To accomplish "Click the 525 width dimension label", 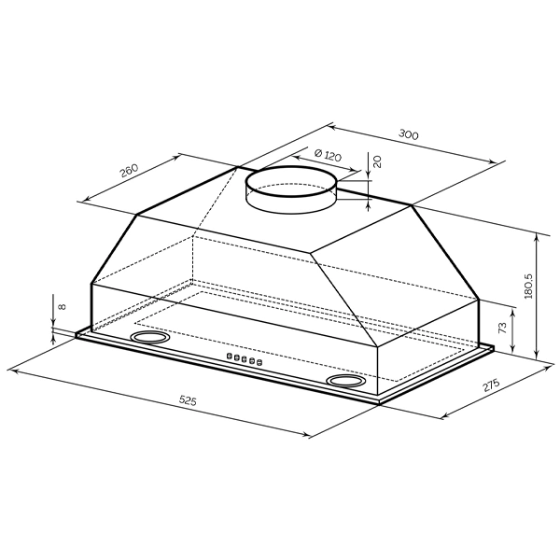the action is (x=188, y=400).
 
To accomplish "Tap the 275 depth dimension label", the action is (x=491, y=385).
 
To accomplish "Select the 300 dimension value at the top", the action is (x=408, y=134).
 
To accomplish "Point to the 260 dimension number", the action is (x=129, y=171).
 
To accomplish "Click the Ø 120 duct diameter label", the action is (x=328, y=155).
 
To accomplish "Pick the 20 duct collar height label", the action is (x=377, y=161).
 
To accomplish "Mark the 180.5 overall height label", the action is (x=528, y=287).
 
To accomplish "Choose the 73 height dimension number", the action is (x=502, y=328).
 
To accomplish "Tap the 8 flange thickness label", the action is (x=62, y=306).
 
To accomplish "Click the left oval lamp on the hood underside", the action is (x=149, y=337).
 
